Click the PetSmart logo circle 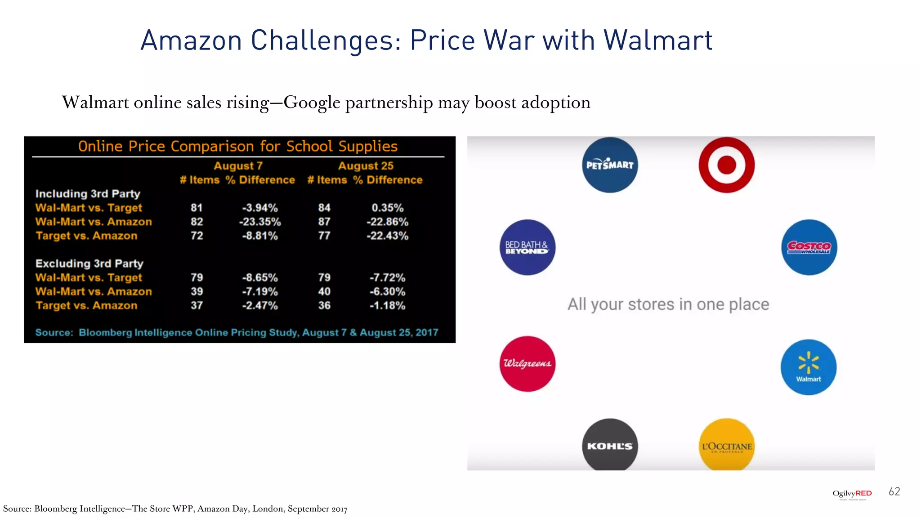[610, 165]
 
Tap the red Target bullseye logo [726, 165]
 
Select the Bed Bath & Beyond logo [528, 247]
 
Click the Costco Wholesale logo [809, 247]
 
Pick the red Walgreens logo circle [528, 363]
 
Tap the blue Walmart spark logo [808, 367]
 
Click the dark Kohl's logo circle [610, 445]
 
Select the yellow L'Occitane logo [727, 445]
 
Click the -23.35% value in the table [260, 222]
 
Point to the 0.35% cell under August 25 [387, 208]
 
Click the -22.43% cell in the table [387, 236]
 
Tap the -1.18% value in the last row [387, 306]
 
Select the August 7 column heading [238, 166]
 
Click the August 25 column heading [366, 166]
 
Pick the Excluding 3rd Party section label [89, 263]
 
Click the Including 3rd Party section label [88, 194]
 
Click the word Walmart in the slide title [657, 40]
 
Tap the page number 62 [894, 491]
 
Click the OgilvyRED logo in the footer [852, 494]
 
